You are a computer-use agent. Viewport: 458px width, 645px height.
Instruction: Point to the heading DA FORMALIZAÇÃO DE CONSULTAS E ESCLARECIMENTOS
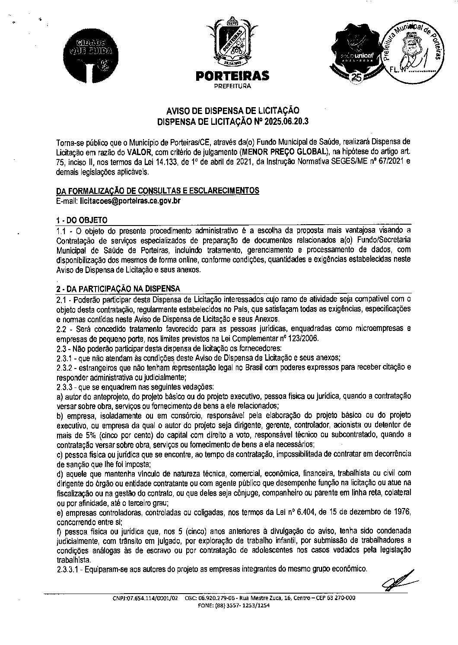158,191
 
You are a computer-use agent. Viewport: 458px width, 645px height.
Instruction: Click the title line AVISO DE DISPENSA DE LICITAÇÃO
232,111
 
